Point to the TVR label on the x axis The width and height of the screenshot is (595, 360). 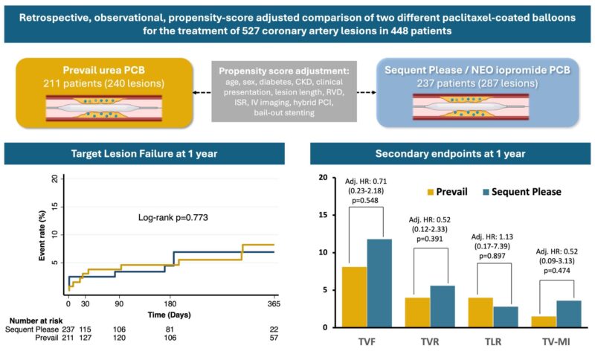pyautogui.click(x=430, y=343)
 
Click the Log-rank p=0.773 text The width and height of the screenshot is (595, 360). pyautogui.click(x=171, y=217)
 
